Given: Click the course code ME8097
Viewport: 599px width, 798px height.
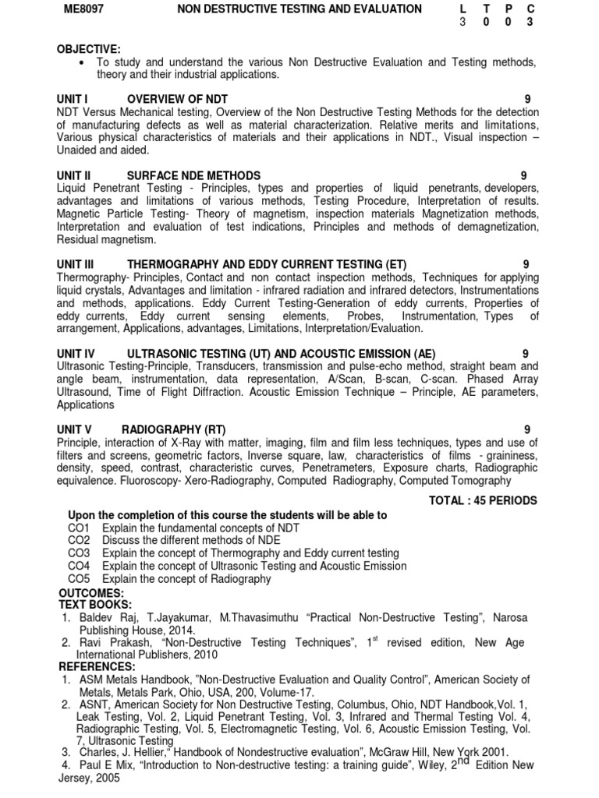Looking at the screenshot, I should [x=81, y=9].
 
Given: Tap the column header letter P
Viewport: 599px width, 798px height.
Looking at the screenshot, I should [x=508, y=9].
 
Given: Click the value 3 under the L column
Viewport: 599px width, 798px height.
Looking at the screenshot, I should [x=463, y=22].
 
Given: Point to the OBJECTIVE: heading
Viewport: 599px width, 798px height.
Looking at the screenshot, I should [x=88, y=49].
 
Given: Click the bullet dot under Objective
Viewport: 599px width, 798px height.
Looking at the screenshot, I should [x=82, y=62].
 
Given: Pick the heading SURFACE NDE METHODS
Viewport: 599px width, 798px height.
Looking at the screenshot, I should [x=193, y=175].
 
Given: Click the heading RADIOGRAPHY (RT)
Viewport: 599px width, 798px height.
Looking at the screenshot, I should [x=172, y=429].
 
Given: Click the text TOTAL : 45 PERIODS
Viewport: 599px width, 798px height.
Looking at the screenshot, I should [x=483, y=500].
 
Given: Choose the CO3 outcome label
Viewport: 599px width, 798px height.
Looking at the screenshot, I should [x=80, y=553].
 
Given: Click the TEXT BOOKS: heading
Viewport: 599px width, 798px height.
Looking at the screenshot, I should [x=94, y=605].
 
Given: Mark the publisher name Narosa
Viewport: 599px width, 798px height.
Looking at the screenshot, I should [x=508, y=617].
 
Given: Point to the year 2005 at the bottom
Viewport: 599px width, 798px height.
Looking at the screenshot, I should [x=105, y=778].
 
